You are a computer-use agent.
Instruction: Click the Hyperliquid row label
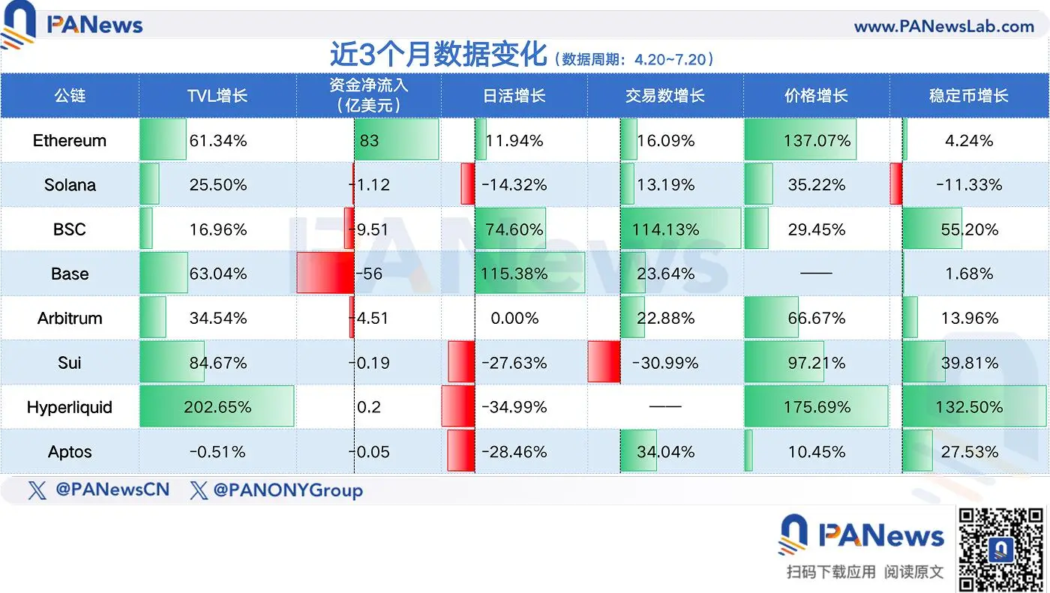point(70,407)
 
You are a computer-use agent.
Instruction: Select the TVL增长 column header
point(217,96)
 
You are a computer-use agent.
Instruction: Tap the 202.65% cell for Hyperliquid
point(217,407)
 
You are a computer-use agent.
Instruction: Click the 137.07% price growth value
point(817,140)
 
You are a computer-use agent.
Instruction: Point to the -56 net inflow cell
point(367,274)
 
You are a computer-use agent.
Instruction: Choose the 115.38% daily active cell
point(515,274)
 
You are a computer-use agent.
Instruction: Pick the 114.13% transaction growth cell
point(665,229)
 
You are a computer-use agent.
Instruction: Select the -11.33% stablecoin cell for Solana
point(969,184)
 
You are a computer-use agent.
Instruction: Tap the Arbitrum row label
point(70,318)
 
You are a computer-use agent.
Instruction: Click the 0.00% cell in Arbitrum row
point(514,318)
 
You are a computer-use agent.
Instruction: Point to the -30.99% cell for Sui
point(664,363)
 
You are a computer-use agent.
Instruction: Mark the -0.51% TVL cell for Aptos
point(217,452)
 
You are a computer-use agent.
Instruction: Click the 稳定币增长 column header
point(969,96)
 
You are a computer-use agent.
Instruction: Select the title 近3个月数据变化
point(439,56)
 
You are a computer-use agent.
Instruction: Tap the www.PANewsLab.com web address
point(943,26)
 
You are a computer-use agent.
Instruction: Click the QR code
point(1001,548)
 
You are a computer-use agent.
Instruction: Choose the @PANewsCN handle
point(112,490)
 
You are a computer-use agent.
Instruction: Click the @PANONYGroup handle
point(287,490)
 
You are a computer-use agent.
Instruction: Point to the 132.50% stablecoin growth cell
point(969,407)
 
